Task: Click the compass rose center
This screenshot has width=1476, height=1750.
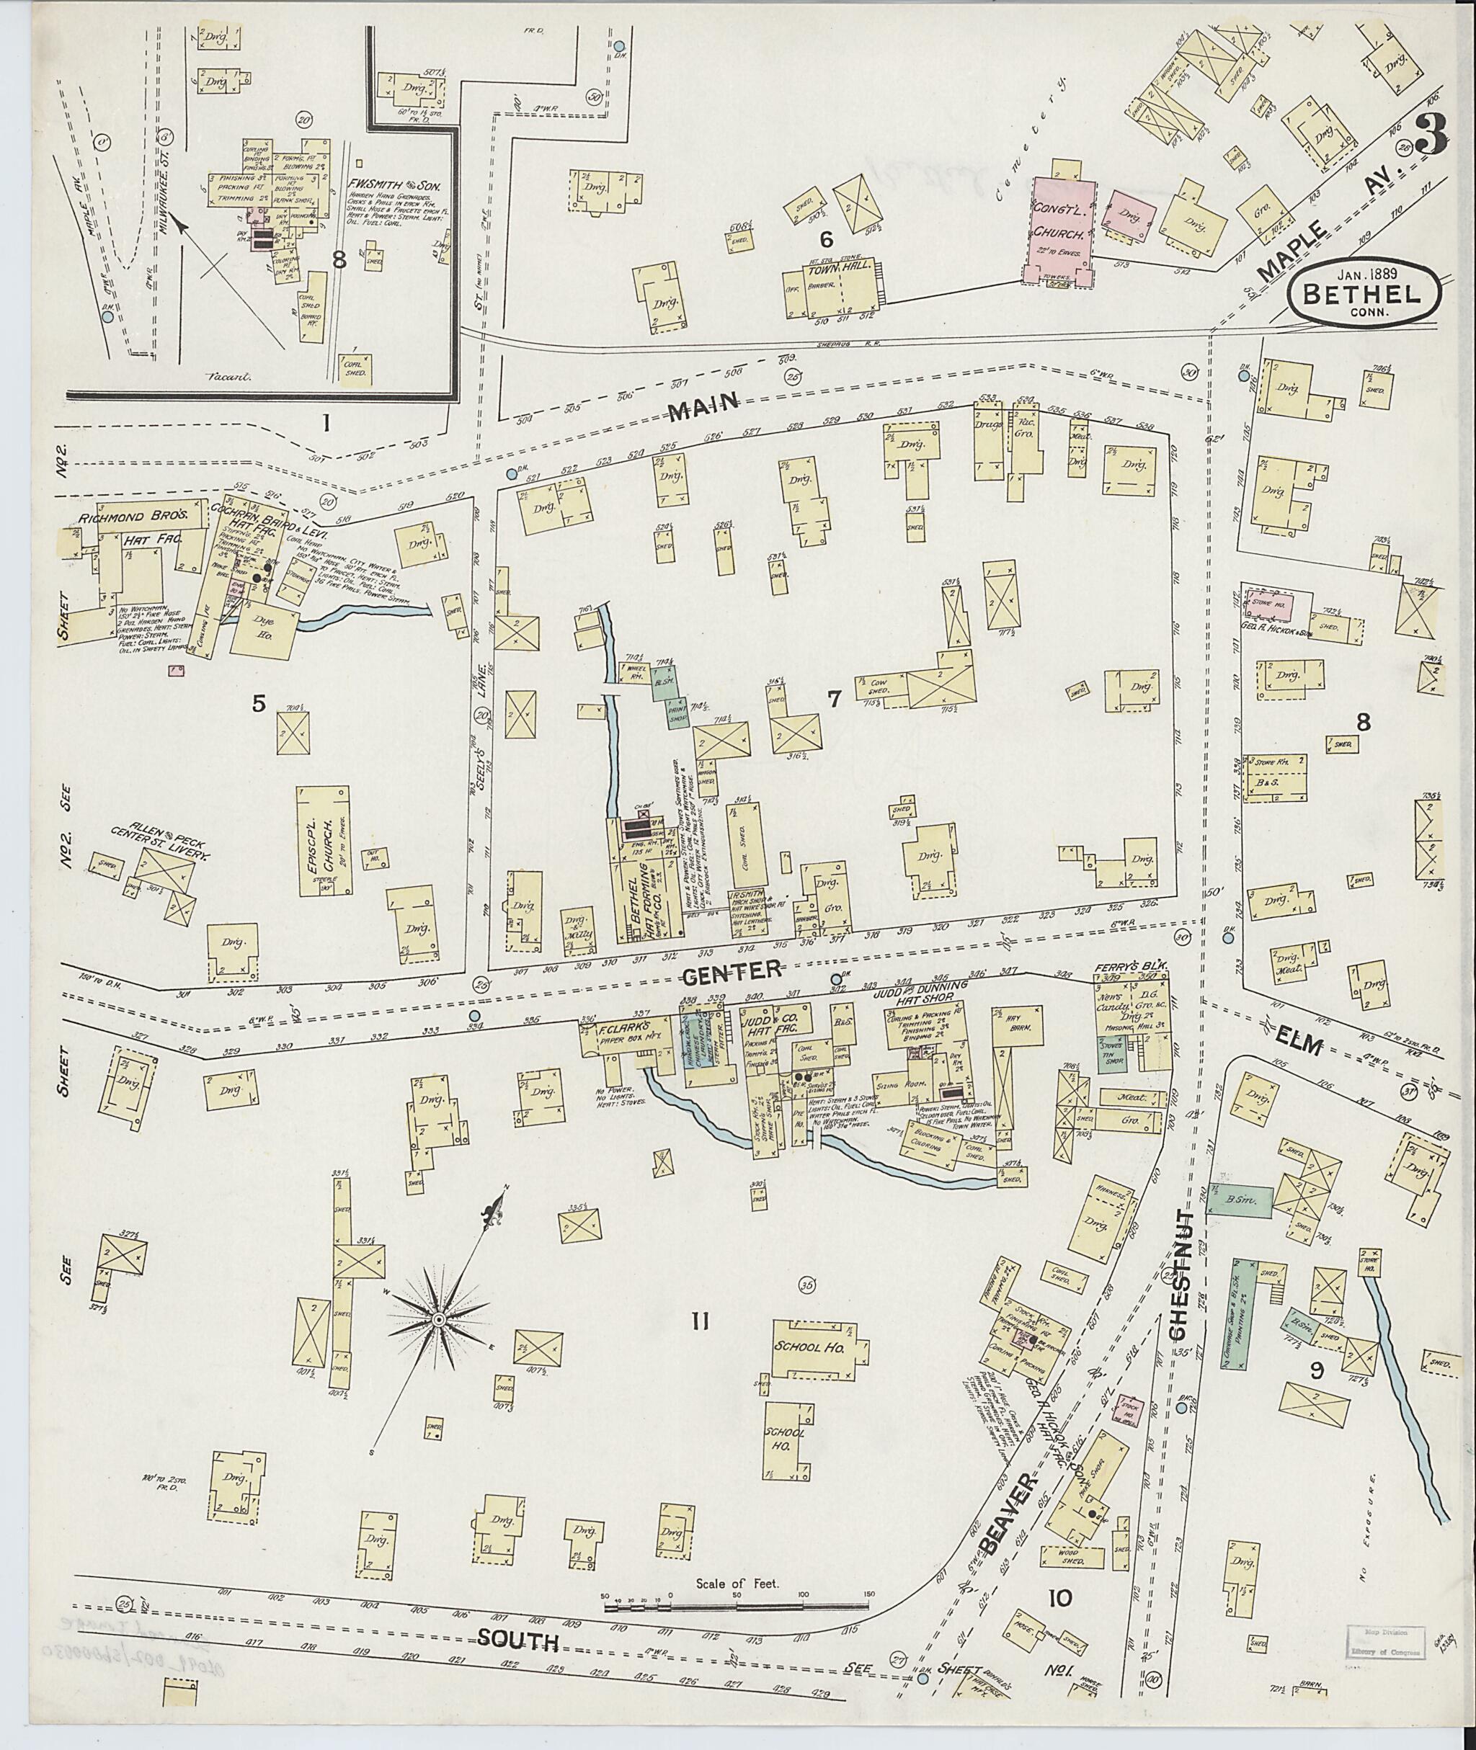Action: pyautogui.click(x=437, y=1319)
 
